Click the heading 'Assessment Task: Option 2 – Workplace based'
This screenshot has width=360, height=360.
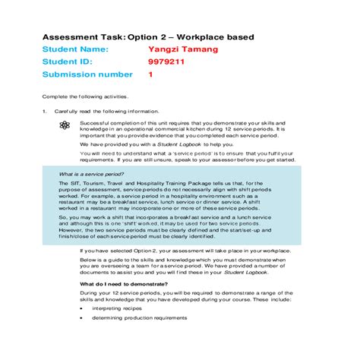click(147, 36)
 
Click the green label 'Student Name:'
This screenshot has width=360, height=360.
click(75, 49)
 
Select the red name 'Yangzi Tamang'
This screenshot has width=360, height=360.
click(182, 49)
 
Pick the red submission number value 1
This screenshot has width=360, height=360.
click(150, 75)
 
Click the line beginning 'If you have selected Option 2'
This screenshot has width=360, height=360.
click(182, 250)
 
